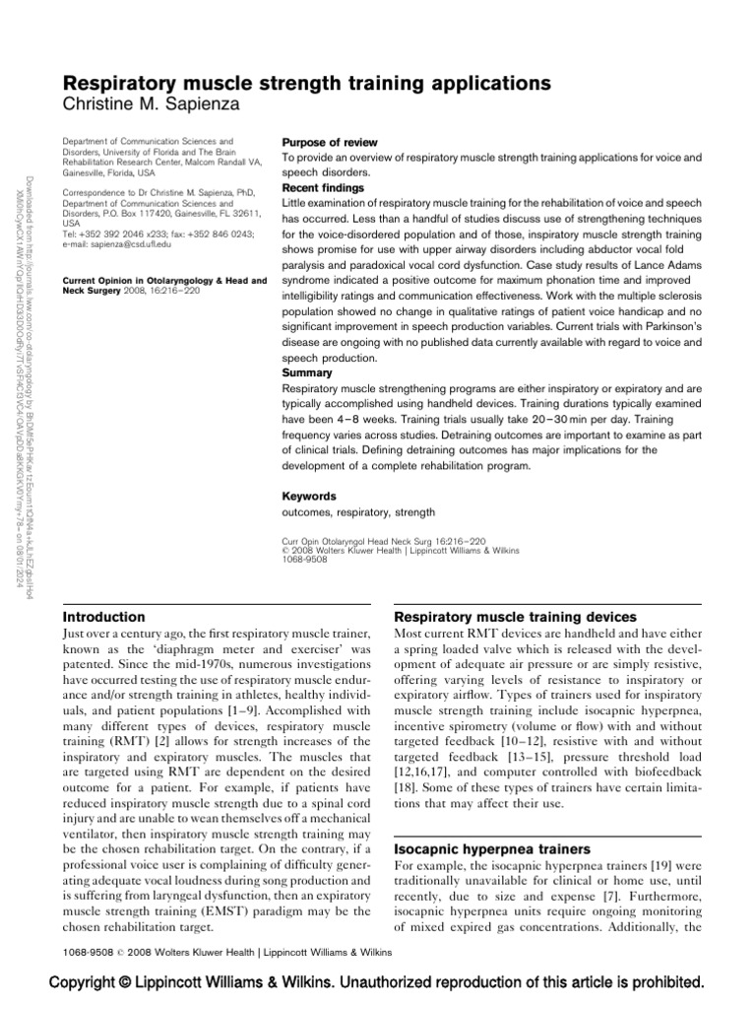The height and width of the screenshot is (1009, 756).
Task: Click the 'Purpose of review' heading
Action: [x=330, y=143]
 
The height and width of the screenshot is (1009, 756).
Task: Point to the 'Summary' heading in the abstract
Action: [x=306, y=373]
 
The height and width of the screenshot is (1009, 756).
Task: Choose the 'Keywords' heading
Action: [x=309, y=497]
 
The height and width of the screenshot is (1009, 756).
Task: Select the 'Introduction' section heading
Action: [x=103, y=617]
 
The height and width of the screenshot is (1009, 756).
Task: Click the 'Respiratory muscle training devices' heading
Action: [x=515, y=617]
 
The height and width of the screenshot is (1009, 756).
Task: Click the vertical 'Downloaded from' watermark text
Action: [x=20, y=394]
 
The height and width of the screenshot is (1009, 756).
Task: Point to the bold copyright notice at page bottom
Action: [x=378, y=982]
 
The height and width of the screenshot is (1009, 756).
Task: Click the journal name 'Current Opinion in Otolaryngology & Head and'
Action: [x=163, y=281]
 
